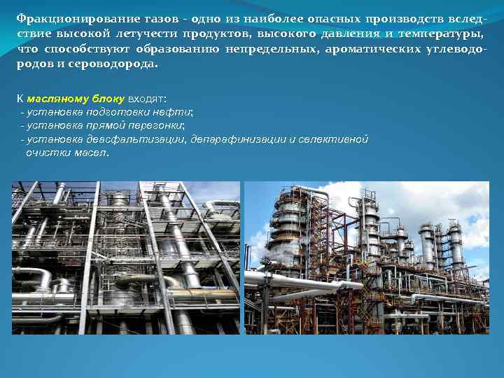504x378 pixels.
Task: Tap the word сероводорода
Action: [x=118, y=64]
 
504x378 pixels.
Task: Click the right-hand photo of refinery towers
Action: [x=366, y=258]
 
